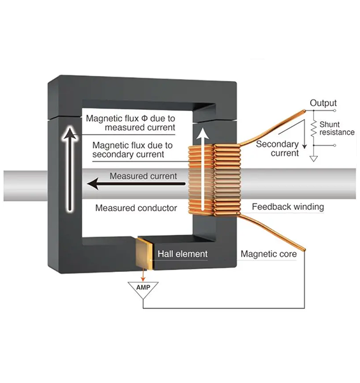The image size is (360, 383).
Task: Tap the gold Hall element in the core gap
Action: [145, 253]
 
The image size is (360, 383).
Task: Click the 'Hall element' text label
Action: [183, 254]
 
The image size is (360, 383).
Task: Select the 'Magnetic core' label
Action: [269, 254]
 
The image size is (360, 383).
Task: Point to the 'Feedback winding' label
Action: [288, 207]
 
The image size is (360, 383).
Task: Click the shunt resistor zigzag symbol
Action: [313, 128]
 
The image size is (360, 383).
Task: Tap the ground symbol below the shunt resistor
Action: [313, 158]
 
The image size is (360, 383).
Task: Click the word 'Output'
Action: [323, 103]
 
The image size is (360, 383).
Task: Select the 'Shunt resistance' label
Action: [337, 128]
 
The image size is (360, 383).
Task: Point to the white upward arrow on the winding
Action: [202, 169]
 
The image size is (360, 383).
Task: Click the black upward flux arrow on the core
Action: [70, 169]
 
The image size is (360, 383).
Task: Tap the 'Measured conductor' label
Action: [136, 208]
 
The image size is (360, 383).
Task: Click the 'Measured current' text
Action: [143, 176]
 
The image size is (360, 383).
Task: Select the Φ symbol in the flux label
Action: [145, 119]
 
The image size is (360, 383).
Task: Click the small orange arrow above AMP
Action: [143, 276]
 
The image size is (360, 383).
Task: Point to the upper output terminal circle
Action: [334, 110]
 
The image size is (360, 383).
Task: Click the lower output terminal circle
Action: [334, 146]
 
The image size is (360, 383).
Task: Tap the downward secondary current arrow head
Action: [304, 146]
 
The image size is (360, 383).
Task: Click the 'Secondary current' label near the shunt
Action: [278, 149]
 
